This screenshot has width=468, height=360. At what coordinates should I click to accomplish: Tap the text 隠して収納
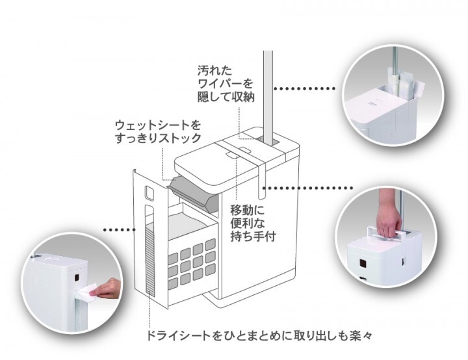226,97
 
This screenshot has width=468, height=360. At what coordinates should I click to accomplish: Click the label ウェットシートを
157,124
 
